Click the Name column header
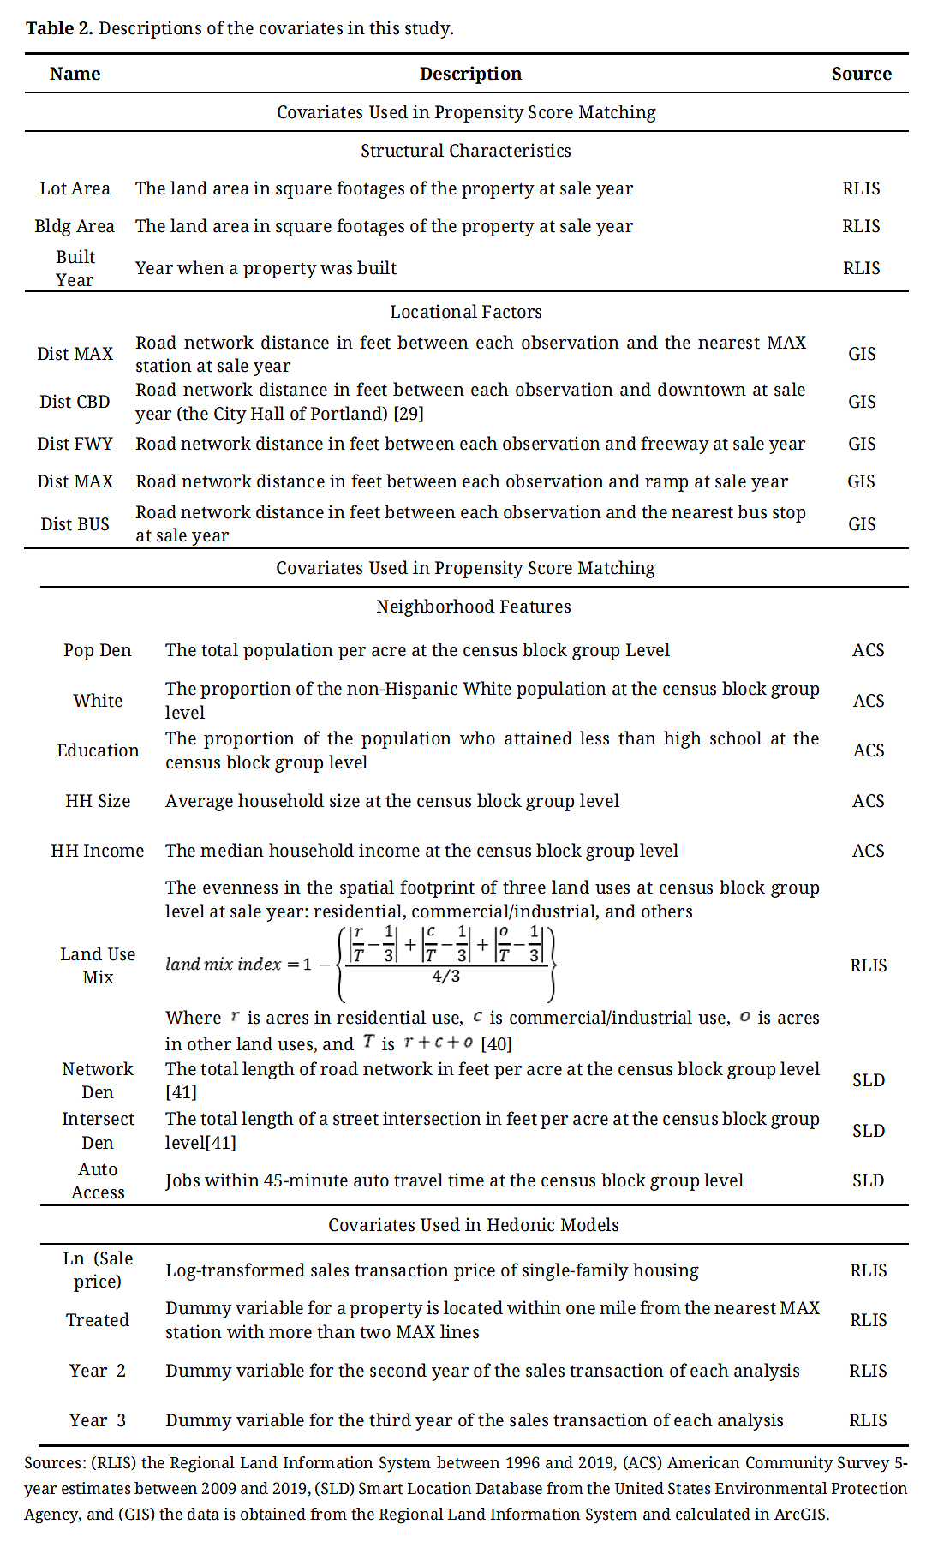pos(75,74)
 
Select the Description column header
pos(470,74)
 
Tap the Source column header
pos(861,74)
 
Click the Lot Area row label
pos(75,188)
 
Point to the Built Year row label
pos(75,268)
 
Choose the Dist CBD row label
pos(75,402)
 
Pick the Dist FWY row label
pos(75,444)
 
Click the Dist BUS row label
pos(75,524)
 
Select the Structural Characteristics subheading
pos(465,151)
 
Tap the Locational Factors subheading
pos(465,312)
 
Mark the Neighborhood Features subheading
pos(473,607)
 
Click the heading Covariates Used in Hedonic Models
pos(473,1225)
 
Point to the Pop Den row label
pos(97,650)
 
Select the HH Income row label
pos(97,851)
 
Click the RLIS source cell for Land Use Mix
pos(868,965)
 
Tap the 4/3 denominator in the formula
pos(445,976)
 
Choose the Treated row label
pos(97,1320)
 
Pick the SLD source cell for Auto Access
pos(868,1180)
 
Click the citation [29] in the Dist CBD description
pos(409,414)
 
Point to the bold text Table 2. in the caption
pos(59,28)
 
